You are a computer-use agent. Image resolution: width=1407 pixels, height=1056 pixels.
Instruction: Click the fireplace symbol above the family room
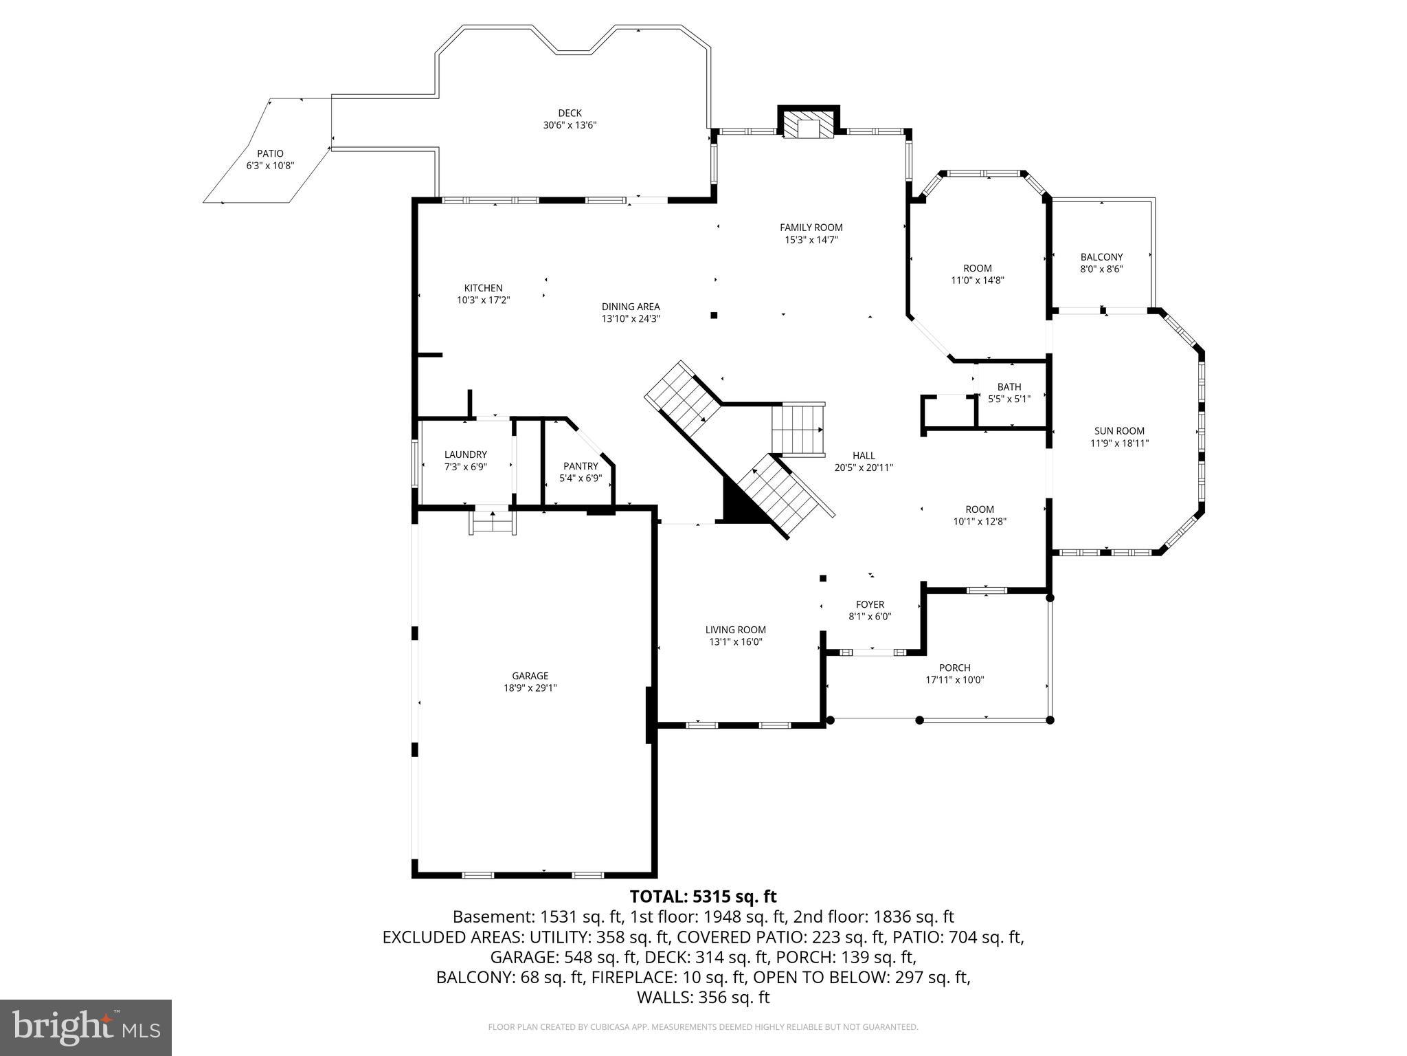pyautogui.click(x=809, y=126)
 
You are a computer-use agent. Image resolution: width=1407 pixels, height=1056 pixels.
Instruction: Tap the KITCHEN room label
pyautogui.click(x=483, y=288)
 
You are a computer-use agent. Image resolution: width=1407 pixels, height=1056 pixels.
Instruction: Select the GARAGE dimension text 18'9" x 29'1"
pyautogui.click(x=530, y=687)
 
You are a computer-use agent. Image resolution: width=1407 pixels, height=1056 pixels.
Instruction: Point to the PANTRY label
pyautogui.click(x=581, y=466)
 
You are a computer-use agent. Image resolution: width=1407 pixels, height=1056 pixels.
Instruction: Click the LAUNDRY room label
pyautogui.click(x=465, y=454)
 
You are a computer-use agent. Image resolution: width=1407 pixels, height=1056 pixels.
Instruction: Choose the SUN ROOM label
pyautogui.click(x=1119, y=431)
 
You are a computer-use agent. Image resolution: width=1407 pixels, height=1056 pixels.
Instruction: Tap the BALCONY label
pyautogui.click(x=1101, y=257)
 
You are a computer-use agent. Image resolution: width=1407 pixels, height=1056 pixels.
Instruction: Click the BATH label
pyautogui.click(x=1009, y=387)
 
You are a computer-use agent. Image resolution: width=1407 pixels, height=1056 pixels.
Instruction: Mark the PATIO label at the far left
pyautogui.click(x=270, y=153)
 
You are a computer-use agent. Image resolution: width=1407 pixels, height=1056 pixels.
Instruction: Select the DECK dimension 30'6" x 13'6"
pyautogui.click(x=570, y=125)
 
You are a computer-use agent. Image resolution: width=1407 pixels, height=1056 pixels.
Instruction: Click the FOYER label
pyautogui.click(x=870, y=604)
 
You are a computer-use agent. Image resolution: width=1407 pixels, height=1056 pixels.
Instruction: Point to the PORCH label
pyautogui.click(x=954, y=668)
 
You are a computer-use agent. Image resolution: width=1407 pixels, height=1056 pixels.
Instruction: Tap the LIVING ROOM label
pyautogui.click(x=735, y=630)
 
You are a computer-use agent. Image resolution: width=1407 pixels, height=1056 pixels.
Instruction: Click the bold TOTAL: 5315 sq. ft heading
pyautogui.click(x=703, y=896)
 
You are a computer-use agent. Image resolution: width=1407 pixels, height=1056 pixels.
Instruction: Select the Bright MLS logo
pyautogui.click(x=86, y=1027)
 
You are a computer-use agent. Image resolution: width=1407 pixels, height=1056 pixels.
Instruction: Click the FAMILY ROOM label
pyautogui.click(x=811, y=228)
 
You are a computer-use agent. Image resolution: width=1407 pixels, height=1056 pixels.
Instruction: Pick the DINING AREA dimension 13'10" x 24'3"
pyautogui.click(x=631, y=319)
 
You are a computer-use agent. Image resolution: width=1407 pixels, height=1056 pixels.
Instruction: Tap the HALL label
pyautogui.click(x=864, y=455)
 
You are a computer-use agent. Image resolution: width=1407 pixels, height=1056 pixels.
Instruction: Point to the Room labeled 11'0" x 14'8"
pyautogui.click(x=977, y=268)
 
